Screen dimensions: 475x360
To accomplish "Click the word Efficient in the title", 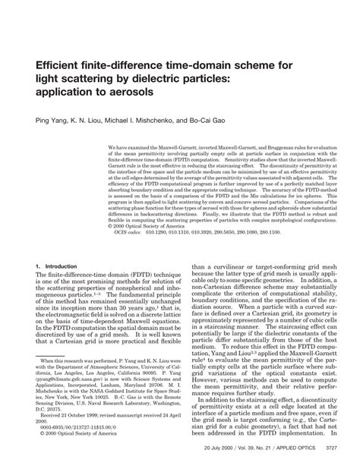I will (62, 65).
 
